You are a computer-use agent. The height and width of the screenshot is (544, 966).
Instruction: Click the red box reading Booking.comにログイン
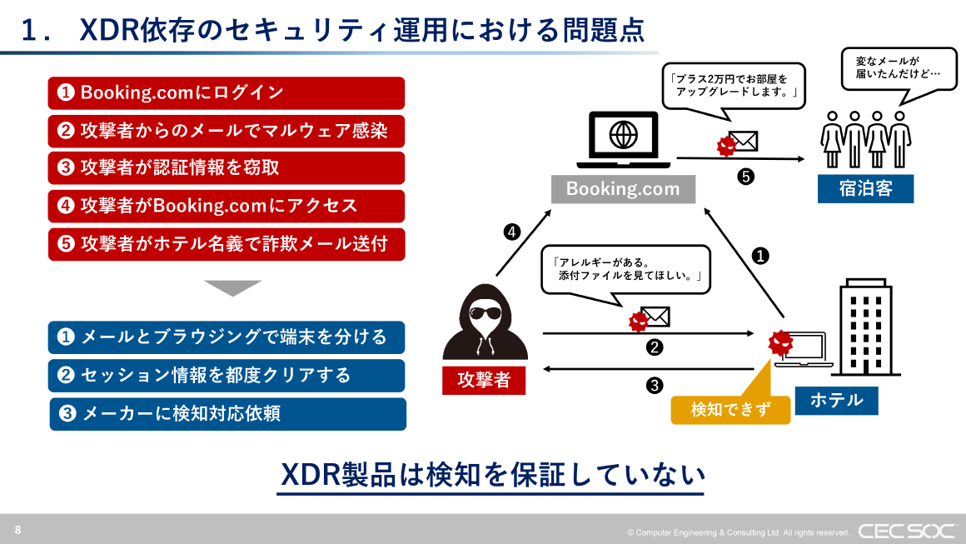226,93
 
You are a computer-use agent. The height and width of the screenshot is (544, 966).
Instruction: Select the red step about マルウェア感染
226,131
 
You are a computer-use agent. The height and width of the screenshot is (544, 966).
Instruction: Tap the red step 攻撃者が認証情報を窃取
226,168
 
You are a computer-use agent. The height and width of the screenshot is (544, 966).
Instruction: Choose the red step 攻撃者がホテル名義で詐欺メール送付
226,245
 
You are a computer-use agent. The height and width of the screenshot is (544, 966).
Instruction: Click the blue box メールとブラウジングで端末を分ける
226,337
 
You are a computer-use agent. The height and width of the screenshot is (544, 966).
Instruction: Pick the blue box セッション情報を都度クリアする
226,376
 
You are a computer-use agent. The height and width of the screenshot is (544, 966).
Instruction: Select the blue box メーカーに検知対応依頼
227,414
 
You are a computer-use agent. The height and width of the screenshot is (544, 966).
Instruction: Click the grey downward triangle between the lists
233,288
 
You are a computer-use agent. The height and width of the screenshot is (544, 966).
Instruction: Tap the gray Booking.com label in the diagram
623,189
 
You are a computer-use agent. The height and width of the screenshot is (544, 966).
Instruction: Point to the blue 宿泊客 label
865,188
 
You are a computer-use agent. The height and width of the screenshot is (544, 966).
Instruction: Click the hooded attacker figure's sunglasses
482,315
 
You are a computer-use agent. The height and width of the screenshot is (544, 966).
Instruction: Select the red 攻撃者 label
483,380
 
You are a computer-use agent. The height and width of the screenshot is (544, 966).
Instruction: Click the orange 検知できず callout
729,409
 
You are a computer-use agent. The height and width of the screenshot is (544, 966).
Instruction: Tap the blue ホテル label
835,400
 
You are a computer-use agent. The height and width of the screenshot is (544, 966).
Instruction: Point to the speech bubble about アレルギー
626,269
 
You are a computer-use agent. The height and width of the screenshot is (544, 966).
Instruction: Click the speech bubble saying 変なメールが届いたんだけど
898,68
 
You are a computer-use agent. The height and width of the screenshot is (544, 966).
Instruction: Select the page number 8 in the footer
18,530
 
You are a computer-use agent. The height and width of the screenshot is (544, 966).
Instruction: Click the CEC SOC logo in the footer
906,531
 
